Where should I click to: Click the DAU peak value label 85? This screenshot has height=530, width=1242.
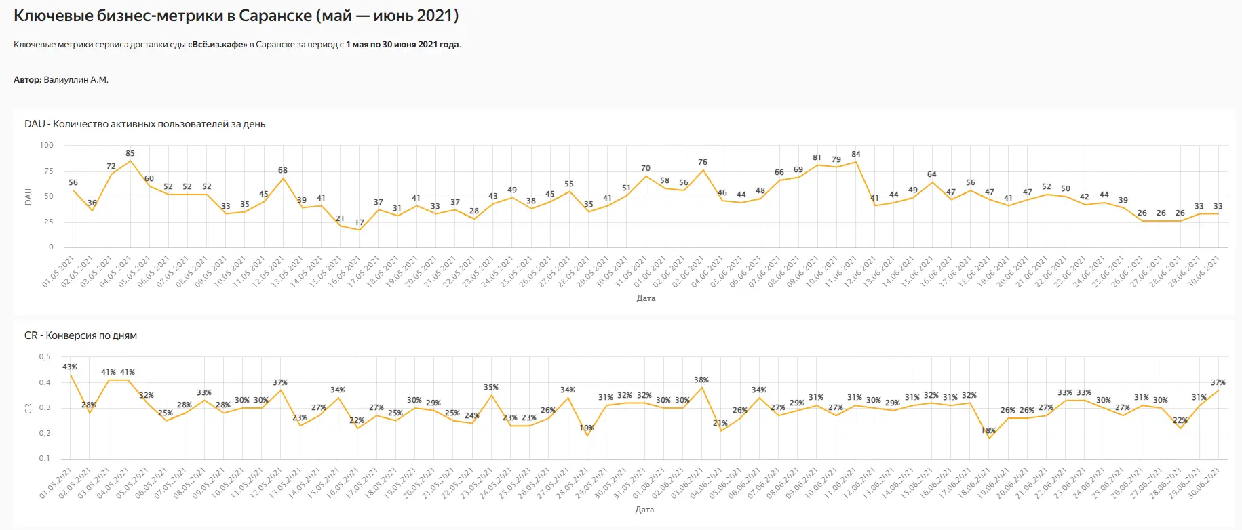pos(130,153)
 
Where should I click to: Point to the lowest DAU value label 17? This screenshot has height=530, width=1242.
pos(360,222)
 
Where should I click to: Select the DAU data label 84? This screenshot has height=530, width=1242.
pos(856,154)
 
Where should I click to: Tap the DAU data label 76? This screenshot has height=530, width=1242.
pos(703,162)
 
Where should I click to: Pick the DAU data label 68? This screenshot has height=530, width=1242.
pos(283,170)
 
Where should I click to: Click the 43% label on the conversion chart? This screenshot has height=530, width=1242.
pos(70,367)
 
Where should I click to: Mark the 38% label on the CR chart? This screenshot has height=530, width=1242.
pos(701,380)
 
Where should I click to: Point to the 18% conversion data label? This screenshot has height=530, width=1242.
pos(988,430)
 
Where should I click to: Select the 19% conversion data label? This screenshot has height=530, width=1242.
pos(587,428)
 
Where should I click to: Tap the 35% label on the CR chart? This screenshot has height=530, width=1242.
pos(491,387)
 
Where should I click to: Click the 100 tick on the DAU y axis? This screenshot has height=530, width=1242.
pos(47,145)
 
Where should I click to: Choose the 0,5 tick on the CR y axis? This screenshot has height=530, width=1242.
pos(45,356)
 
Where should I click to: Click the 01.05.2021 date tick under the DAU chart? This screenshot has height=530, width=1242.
pos(58,271)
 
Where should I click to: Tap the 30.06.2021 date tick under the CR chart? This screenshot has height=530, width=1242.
pos(1204,483)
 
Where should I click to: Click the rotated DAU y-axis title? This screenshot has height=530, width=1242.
pos(28,197)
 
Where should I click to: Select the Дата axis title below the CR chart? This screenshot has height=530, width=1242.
pos(644,509)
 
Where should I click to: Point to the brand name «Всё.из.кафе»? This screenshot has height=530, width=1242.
pos(217,45)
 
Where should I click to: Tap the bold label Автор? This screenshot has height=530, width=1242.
pos(27,80)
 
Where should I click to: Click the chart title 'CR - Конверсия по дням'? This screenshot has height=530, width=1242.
pos(81,335)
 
